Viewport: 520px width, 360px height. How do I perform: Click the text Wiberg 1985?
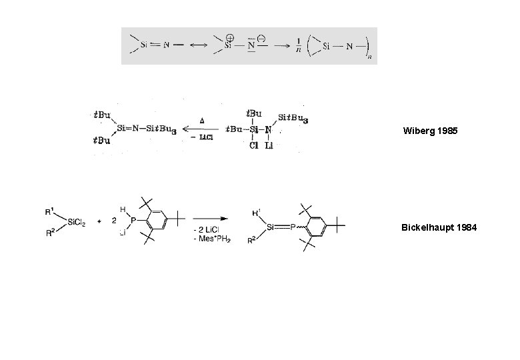point(430,131)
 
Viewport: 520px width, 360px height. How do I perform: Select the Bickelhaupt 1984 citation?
point(439,227)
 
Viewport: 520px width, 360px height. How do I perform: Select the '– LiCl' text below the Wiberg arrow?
point(201,137)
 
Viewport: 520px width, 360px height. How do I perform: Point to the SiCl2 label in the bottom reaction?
point(73,222)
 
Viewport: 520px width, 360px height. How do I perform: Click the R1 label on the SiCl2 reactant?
point(49,213)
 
